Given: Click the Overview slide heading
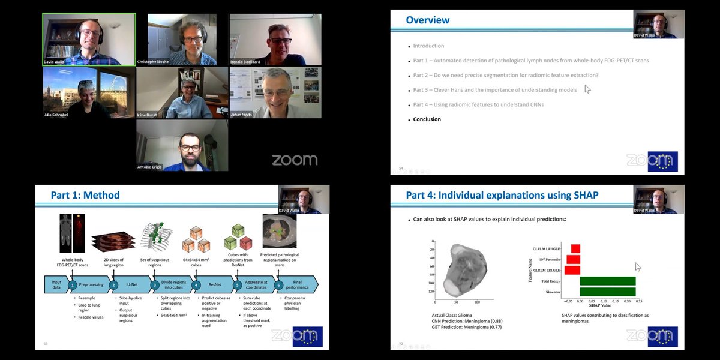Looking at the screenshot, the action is click(x=427, y=20).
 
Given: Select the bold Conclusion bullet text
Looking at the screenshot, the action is click(x=427, y=119).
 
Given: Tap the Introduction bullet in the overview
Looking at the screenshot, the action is click(x=428, y=46).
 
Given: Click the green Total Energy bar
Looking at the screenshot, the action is click(x=607, y=281).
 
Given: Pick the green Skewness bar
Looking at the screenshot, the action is click(x=607, y=292).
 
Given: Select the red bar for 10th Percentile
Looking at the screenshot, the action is click(x=574, y=259).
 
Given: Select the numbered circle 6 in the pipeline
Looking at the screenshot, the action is click(x=278, y=284).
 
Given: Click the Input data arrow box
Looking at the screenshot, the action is click(x=57, y=284).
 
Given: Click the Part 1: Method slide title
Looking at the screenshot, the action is click(x=85, y=195).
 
